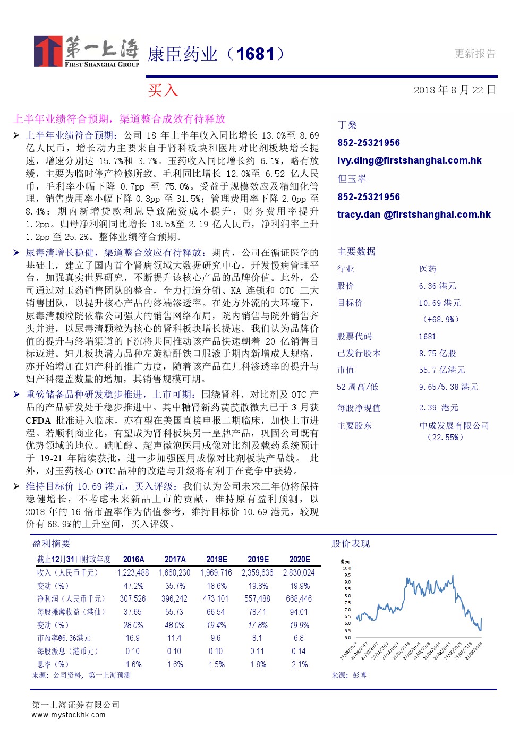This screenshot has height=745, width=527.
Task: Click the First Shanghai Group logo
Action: (86, 52)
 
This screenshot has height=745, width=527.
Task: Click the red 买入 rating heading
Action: (163, 90)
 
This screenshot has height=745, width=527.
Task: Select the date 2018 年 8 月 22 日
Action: (454, 90)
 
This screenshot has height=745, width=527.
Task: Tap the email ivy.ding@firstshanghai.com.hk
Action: (409, 160)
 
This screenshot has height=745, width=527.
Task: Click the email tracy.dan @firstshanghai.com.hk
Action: (414, 215)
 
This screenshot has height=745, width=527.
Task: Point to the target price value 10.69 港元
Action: (439, 303)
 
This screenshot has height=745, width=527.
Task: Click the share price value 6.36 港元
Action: (437, 286)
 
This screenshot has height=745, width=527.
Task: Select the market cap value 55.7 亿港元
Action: (441, 370)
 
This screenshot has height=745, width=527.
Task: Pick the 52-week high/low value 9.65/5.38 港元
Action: (448, 387)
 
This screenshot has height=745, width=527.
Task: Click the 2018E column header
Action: (216, 559)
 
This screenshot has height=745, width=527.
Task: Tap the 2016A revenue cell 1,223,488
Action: (133, 572)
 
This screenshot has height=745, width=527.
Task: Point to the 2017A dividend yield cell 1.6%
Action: (175, 664)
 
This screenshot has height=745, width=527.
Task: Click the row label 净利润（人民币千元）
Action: (71, 598)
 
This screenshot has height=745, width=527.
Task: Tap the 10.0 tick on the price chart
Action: (347, 568)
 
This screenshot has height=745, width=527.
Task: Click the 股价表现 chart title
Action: (351, 544)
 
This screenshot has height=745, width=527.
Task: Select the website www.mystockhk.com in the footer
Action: (69, 715)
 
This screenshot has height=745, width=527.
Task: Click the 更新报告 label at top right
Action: (475, 54)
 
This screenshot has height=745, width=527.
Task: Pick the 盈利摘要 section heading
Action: (52, 544)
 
